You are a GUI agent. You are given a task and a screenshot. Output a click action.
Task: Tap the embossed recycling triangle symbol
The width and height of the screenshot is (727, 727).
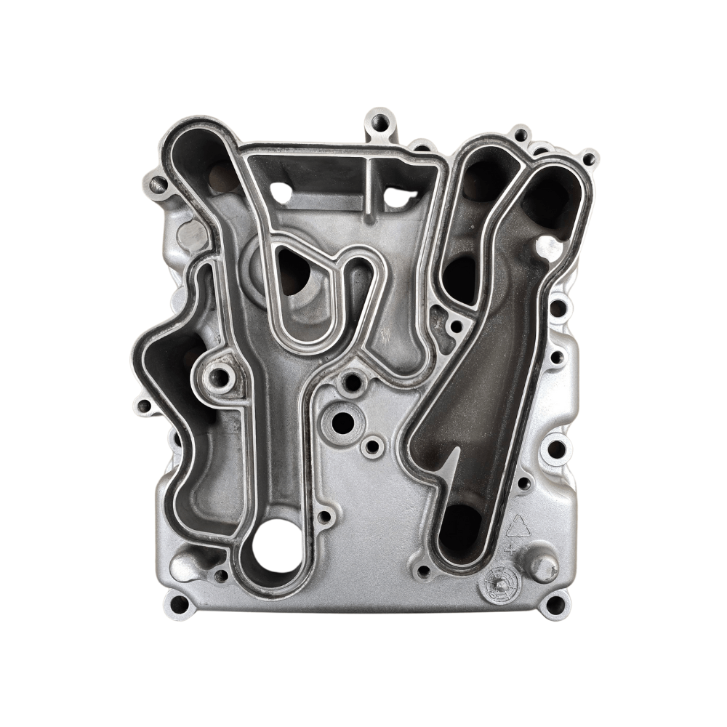pos(519,526)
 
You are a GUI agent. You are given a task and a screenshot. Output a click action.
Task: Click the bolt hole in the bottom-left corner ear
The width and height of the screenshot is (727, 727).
pos(177,603)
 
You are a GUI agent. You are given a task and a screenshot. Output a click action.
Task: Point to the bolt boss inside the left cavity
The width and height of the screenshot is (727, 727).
pos(217,377)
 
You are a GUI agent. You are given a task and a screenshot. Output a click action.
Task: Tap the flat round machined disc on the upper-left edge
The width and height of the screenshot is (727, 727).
pos(191,234)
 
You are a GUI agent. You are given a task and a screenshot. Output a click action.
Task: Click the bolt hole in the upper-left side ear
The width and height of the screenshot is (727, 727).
pos(156,184)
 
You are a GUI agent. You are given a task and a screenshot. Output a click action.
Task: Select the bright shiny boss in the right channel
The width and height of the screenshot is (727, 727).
pos(550,249)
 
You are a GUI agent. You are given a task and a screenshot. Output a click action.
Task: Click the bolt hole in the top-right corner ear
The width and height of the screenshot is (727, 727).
pos(588,158)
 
